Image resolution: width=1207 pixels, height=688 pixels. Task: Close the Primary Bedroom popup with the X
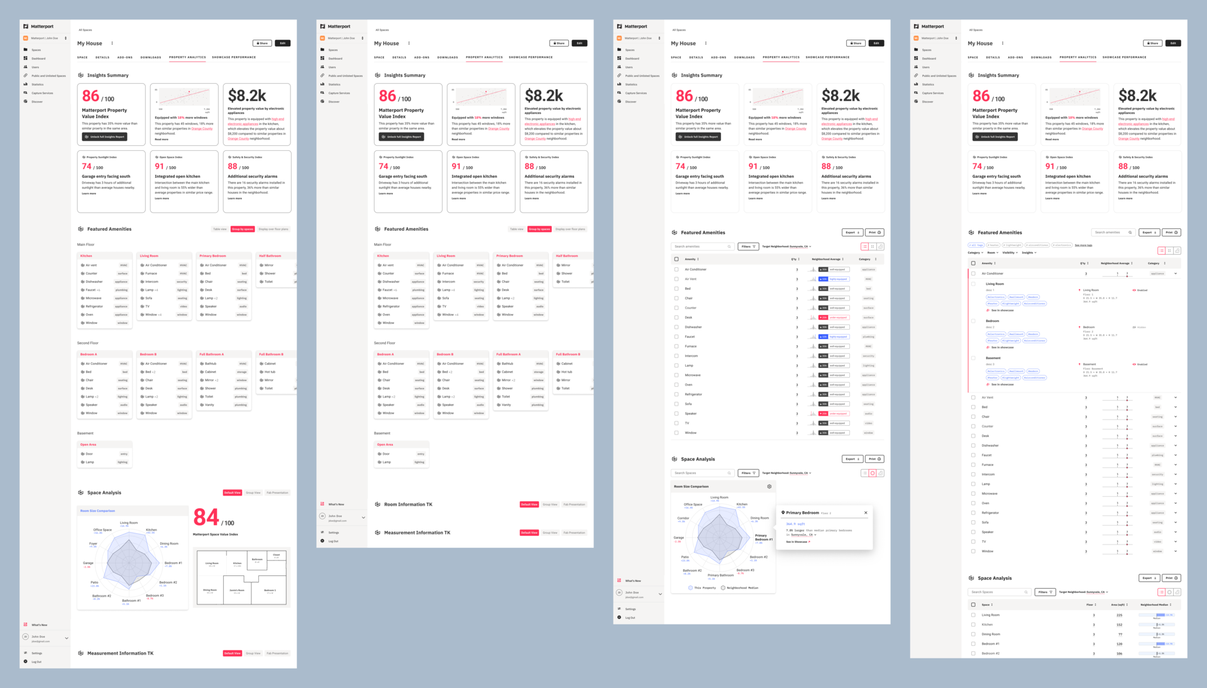(x=866, y=513)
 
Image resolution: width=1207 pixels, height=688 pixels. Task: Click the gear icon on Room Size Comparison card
(x=769, y=486)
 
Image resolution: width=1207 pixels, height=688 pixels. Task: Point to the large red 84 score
(x=206, y=518)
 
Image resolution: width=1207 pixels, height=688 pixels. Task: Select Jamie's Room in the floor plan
(x=237, y=591)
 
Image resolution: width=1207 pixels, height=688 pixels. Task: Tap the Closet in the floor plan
(x=276, y=555)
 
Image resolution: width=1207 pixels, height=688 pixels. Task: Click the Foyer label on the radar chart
(x=93, y=543)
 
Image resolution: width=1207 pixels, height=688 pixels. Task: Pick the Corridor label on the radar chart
(x=683, y=518)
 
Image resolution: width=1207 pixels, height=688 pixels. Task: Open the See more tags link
(x=1083, y=245)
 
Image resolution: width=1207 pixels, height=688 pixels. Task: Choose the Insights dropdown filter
(x=1028, y=252)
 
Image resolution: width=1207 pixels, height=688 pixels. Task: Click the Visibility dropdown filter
(x=1010, y=252)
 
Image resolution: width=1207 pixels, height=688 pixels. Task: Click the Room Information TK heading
(x=408, y=504)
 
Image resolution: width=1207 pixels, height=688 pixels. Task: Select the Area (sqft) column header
(x=1118, y=604)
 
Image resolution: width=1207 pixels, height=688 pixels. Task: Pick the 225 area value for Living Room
(x=1119, y=615)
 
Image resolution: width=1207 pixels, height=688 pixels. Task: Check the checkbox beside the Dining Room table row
(x=973, y=634)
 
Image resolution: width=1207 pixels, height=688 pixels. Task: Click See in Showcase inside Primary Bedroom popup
(x=797, y=541)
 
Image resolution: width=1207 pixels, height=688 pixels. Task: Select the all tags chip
(x=976, y=245)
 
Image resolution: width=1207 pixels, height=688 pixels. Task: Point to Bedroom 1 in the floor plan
(x=270, y=591)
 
